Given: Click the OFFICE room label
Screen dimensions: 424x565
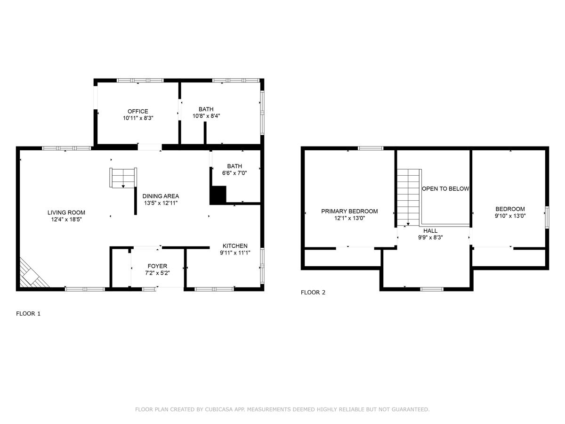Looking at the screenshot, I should [x=138, y=112].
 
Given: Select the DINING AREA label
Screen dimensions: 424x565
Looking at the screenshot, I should [x=161, y=196].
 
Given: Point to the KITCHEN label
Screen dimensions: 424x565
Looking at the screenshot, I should [x=235, y=246].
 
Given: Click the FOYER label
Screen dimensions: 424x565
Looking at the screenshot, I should [x=157, y=266].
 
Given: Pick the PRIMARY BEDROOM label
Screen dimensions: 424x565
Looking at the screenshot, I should [x=349, y=211].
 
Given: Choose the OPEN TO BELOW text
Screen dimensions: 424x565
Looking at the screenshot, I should [x=445, y=188].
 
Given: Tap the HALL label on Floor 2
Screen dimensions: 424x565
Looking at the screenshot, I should [x=430, y=231].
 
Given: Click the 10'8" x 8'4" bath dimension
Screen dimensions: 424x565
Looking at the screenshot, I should [x=206, y=116].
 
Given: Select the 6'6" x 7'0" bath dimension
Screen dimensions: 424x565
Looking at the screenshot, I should [x=234, y=173].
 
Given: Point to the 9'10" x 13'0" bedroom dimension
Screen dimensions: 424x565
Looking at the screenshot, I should [x=510, y=216].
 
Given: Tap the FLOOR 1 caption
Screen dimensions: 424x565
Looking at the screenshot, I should [x=28, y=313].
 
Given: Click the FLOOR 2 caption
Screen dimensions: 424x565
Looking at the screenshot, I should [x=313, y=292].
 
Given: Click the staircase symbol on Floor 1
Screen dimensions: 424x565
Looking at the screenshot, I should [x=123, y=178].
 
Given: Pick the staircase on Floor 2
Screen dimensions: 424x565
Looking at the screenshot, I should [x=408, y=197].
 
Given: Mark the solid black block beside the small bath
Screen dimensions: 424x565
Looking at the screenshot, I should [x=218, y=195].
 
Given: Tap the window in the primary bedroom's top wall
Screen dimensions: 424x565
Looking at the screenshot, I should [x=371, y=148].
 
